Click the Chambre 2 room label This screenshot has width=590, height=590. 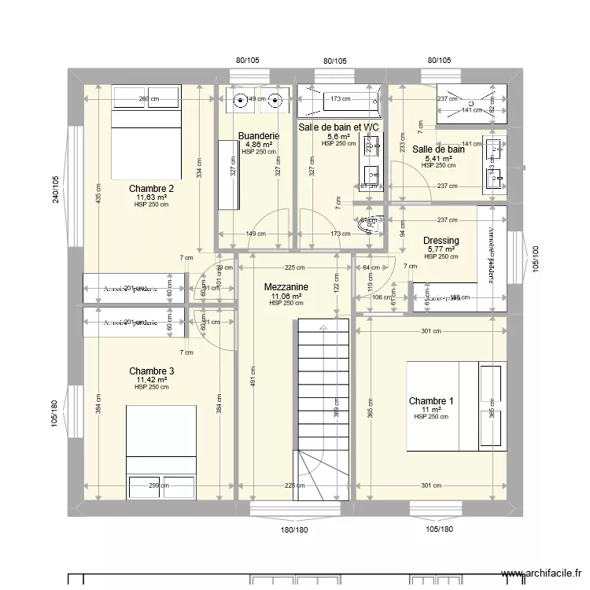tap(151, 189)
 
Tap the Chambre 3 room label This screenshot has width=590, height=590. tap(151, 371)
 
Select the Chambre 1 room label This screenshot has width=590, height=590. tap(430, 401)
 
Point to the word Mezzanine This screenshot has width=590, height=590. tap(286, 288)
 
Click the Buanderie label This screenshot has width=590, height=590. tap(258, 136)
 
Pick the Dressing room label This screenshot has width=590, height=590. tap(441, 241)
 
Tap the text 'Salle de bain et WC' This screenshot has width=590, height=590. tap(339, 127)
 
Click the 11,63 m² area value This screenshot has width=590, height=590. tap(151, 197)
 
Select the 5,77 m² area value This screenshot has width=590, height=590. tap(441, 249)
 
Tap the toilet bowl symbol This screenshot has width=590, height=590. tap(368, 226)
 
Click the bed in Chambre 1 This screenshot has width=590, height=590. tap(454, 407)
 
